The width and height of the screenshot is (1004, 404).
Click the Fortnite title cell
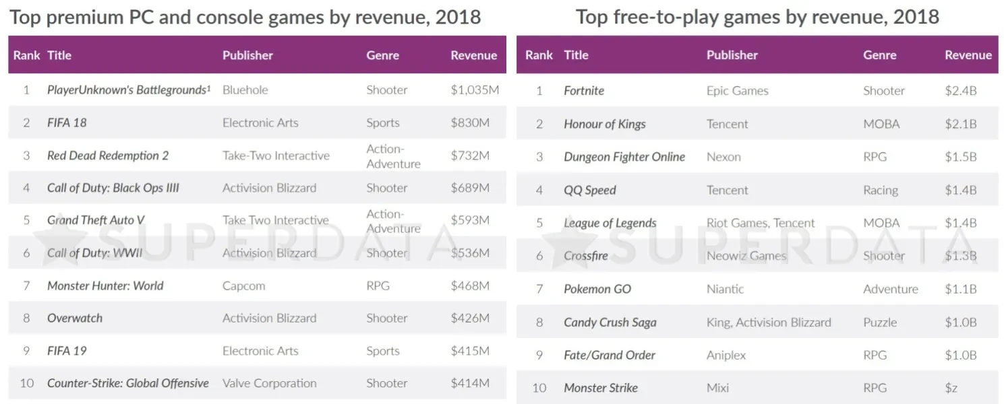tap(584, 91)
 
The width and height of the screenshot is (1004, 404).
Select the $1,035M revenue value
tap(475, 90)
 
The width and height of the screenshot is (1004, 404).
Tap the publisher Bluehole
tap(245, 90)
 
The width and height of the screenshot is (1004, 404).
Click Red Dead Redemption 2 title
tap(108, 156)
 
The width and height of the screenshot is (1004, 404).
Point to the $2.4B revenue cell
tap(960, 91)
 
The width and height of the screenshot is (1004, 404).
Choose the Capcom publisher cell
tap(243, 285)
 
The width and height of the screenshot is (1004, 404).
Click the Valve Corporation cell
tap(269, 383)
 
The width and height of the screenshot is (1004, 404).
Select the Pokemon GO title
tap(597, 289)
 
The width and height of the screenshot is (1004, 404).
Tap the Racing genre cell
tap(880, 190)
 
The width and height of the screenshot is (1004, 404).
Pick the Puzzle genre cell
tap(880, 322)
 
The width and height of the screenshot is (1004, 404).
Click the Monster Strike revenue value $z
tap(951, 388)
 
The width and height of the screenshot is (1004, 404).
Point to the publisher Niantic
tap(725, 289)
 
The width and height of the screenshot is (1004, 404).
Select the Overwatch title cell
tap(75, 318)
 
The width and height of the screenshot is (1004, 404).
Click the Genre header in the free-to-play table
tap(879, 55)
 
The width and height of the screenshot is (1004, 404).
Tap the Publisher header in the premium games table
tap(247, 55)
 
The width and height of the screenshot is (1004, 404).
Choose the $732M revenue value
tap(470, 156)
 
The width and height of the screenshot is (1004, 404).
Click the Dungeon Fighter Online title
tap(624, 157)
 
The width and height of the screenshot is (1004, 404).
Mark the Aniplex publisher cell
tap(726, 355)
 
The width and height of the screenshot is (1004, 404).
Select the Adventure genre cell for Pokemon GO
tap(890, 289)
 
